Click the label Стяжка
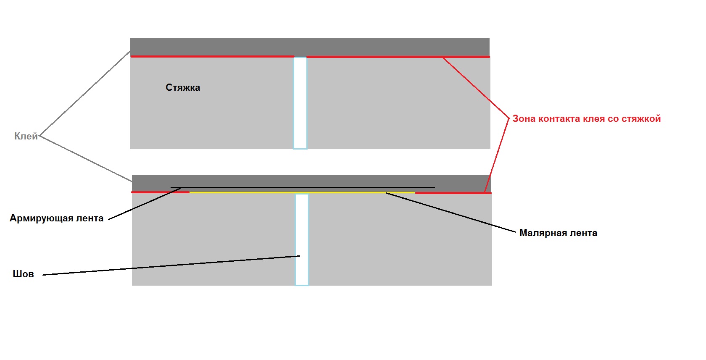[183, 87]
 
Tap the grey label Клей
[26, 136]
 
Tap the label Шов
[23, 274]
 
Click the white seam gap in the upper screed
[300, 103]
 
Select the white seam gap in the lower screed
[302, 240]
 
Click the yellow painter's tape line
[302, 192]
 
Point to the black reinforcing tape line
[303, 187]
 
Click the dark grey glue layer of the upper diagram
[310, 47]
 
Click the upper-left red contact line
[213, 56]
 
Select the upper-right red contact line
[398, 57]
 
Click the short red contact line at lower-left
[160, 192]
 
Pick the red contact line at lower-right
[453, 193]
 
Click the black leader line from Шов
[171, 265]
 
